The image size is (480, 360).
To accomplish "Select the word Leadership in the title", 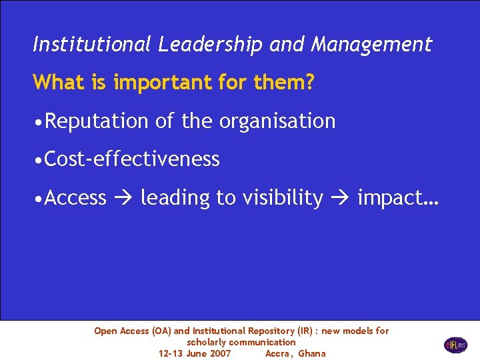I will click(211, 45).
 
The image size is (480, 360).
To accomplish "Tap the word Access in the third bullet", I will click(76, 198).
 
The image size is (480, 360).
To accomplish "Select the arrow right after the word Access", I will click(123, 198).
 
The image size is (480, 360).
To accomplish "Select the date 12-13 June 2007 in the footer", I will click(195, 353).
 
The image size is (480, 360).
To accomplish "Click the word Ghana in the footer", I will click(312, 353).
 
